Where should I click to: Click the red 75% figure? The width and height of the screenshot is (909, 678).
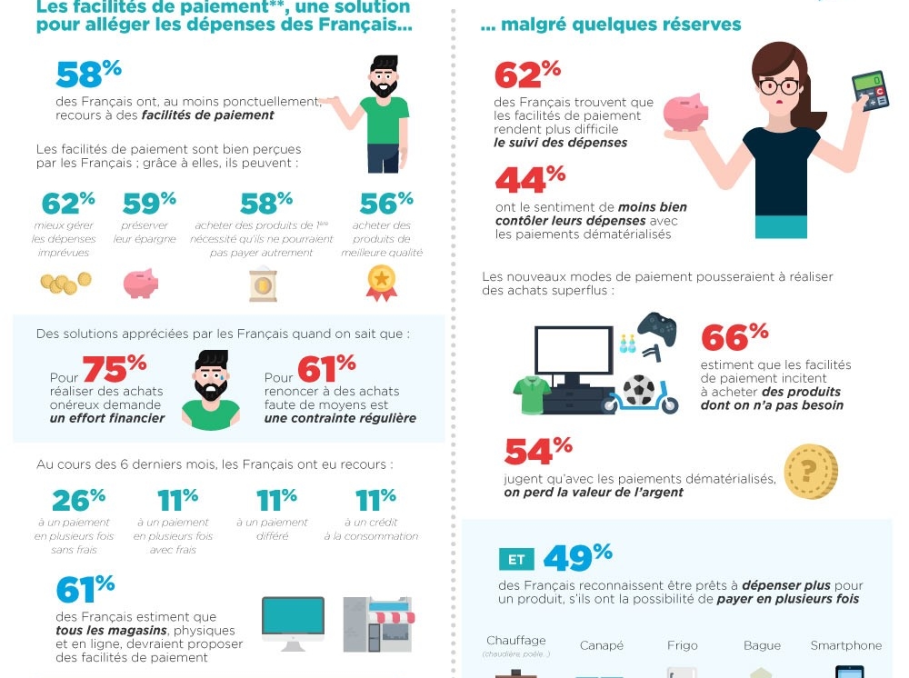tap(115, 368)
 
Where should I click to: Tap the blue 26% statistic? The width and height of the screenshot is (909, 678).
tap(78, 499)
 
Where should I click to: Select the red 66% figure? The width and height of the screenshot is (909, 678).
tap(734, 337)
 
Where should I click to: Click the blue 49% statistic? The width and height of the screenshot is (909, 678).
tap(578, 557)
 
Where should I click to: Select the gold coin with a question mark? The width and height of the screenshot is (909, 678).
tap(811, 471)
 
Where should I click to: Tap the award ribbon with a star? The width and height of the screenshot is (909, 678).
tap(381, 282)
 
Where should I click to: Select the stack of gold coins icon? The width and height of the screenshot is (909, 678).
tap(65, 284)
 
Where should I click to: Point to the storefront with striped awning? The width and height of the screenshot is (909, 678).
tap(377, 623)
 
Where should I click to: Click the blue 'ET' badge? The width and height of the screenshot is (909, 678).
tap(516, 559)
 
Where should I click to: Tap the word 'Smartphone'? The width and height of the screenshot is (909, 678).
tap(845, 645)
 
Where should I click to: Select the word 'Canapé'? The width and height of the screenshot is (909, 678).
tap(601, 645)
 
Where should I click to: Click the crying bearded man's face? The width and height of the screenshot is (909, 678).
tap(211, 381)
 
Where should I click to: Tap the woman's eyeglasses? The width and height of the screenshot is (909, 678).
tap(779, 87)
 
